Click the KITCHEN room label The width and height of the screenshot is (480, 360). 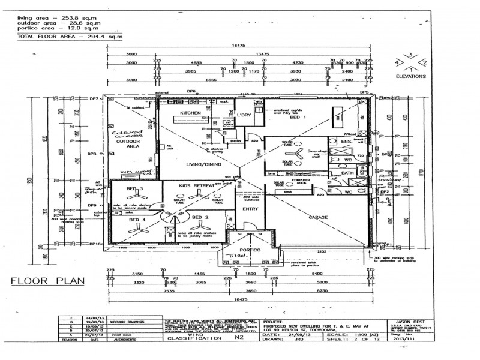[x=190, y=113]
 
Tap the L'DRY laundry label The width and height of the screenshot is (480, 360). [x=243, y=115]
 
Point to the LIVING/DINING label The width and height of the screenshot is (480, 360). [x=203, y=164]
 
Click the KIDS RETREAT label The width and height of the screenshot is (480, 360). [x=197, y=187]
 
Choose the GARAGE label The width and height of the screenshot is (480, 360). [x=317, y=218]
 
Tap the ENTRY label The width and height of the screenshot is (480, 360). [x=250, y=209]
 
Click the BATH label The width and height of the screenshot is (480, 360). [x=347, y=173]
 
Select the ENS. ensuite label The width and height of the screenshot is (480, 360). [x=346, y=142]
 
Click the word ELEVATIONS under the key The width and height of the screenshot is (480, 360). [x=410, y=77]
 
